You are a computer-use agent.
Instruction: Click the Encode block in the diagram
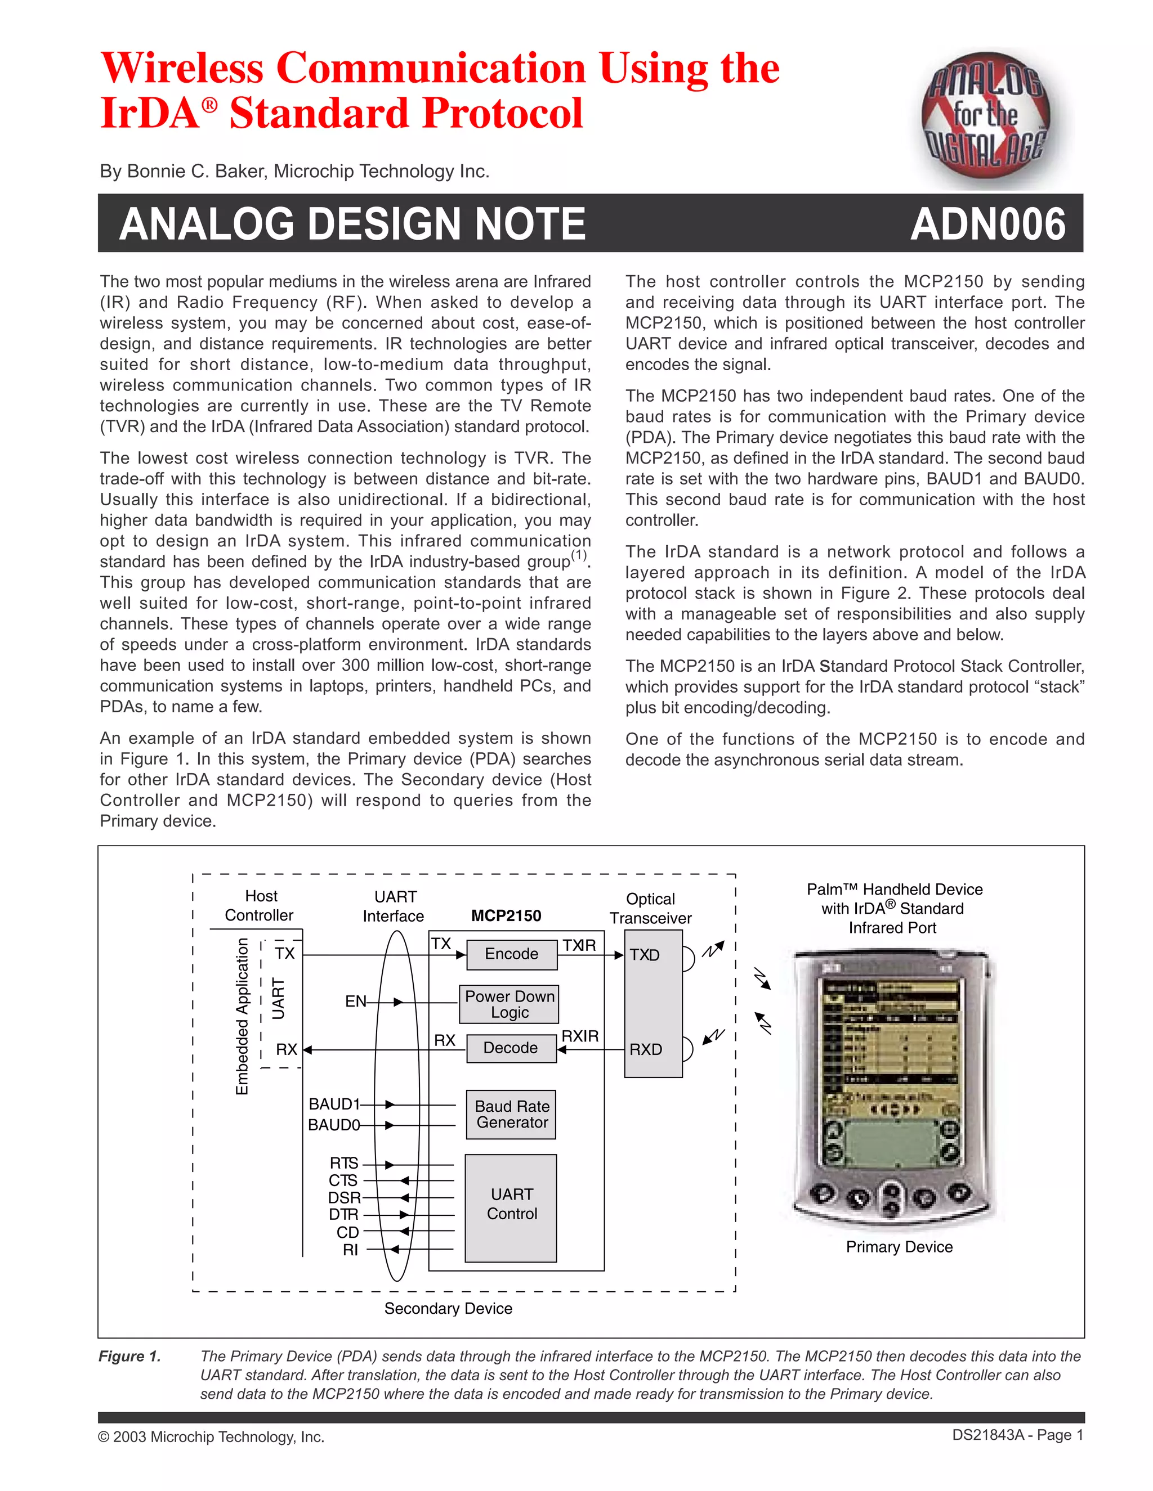click(x=512, y=954)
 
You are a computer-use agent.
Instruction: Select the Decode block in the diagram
click(x=511, y=1048)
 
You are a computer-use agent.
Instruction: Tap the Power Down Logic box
click(x=510, y=1004)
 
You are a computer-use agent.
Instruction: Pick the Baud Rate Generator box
click(x=512, y=1114)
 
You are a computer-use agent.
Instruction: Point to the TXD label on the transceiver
click(x=645, y=955)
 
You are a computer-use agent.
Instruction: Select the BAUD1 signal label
click(x=334, y=1104)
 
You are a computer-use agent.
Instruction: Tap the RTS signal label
click(x=343, y=1164)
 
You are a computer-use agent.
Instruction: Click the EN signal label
click(x=355, y=1002)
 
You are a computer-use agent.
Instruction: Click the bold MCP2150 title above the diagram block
click(x=506, y=916)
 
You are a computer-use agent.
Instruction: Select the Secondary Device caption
click(x=448, y=1309)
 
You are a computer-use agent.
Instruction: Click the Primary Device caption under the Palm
click(x=899, y=1247)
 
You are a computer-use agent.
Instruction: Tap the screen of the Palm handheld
click(x=891, y=1038)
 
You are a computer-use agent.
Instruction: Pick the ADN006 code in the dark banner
click(x=987, y=224)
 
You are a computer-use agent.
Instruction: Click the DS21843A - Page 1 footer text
click(x=1018, y=1436)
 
